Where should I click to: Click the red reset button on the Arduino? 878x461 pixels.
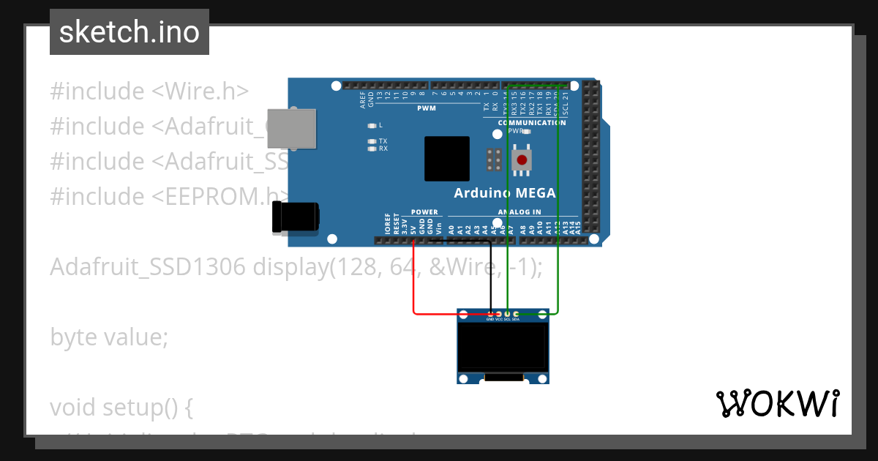(x=521, y=160)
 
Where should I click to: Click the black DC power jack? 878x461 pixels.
(x=295, y=218)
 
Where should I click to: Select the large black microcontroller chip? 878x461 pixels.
(x=446, y=158)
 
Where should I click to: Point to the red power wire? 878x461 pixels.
(x=414, y=293)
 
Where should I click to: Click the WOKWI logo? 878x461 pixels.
(x=777, y=404)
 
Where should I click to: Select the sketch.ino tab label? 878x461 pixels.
(x=130, y=32)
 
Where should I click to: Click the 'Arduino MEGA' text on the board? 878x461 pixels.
(x=505, y=193)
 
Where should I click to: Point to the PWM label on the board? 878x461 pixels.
(x=426, y=108)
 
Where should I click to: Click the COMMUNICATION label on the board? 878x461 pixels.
(x=532, y=123)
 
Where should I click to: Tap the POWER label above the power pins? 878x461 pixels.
(x=424, y=212)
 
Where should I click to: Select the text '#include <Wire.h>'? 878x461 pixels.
(x=149, y=91)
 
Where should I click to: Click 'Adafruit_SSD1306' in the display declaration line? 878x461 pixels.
(x=148, y=267)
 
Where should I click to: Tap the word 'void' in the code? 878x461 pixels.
(x=73, y=408)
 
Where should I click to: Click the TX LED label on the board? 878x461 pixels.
(x=383, y=140)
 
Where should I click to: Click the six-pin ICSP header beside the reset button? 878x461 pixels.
(x=494, y=159)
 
